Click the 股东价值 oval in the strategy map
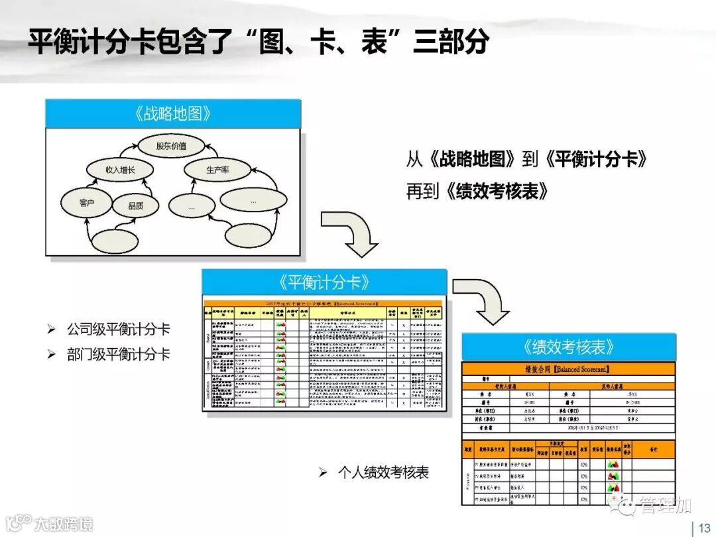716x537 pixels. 171,145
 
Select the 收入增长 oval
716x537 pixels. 120,170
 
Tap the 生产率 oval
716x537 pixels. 216,170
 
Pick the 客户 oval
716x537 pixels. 87,203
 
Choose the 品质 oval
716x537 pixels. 135,206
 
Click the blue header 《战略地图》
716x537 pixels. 172,113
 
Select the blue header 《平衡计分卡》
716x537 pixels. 324,282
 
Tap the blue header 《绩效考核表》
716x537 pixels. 568,347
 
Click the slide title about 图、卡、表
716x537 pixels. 259,42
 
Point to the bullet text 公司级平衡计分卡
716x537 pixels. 118,329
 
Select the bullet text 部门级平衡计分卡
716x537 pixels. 118,354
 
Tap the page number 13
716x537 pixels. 703,528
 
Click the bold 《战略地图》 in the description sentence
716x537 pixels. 471,159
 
